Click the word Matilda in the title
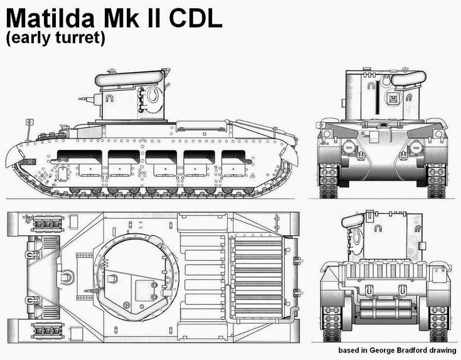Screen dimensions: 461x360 click(x=51, y=18)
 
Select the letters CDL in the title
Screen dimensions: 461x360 click(x=196, y=18)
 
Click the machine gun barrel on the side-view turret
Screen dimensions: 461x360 click(x=87, y=99)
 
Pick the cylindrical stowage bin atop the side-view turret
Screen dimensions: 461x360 click(x=129, y=78)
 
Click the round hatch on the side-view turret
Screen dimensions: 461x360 click(x=154, y=95)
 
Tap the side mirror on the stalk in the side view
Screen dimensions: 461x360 click(x=29, y=122)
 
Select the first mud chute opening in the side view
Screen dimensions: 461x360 click(x=80, y=157)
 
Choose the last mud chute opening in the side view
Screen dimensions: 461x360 click(x=234, y=157)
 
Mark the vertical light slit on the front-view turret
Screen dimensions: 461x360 click(x=377, y=97)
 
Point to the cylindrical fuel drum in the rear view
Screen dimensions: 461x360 click(x=385, y=309)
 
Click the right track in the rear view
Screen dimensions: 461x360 click(x=438, y=324)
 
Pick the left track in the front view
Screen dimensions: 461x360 click(x=329, y=181)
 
